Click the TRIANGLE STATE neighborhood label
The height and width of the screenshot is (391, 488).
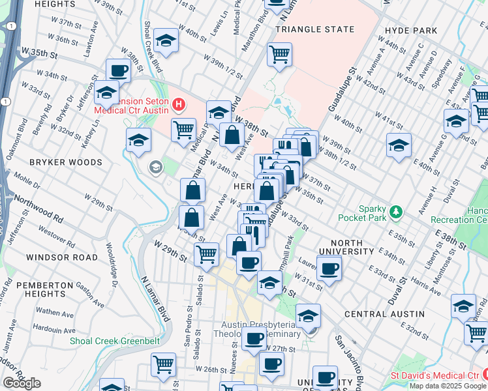[x=315, y=29]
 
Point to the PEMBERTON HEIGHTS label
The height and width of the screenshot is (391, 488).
[x=44, y=291]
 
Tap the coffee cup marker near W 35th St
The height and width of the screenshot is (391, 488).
[x=119, y=70]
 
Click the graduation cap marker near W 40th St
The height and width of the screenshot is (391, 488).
[x=166, y=42]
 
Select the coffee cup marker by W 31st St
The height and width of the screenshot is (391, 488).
[x=328, y=267]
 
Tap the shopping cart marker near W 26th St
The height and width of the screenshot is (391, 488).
[x=163, y=364]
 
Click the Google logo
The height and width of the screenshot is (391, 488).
[x=22, y=383]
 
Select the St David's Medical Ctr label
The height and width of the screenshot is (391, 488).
[x=435, y=375]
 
